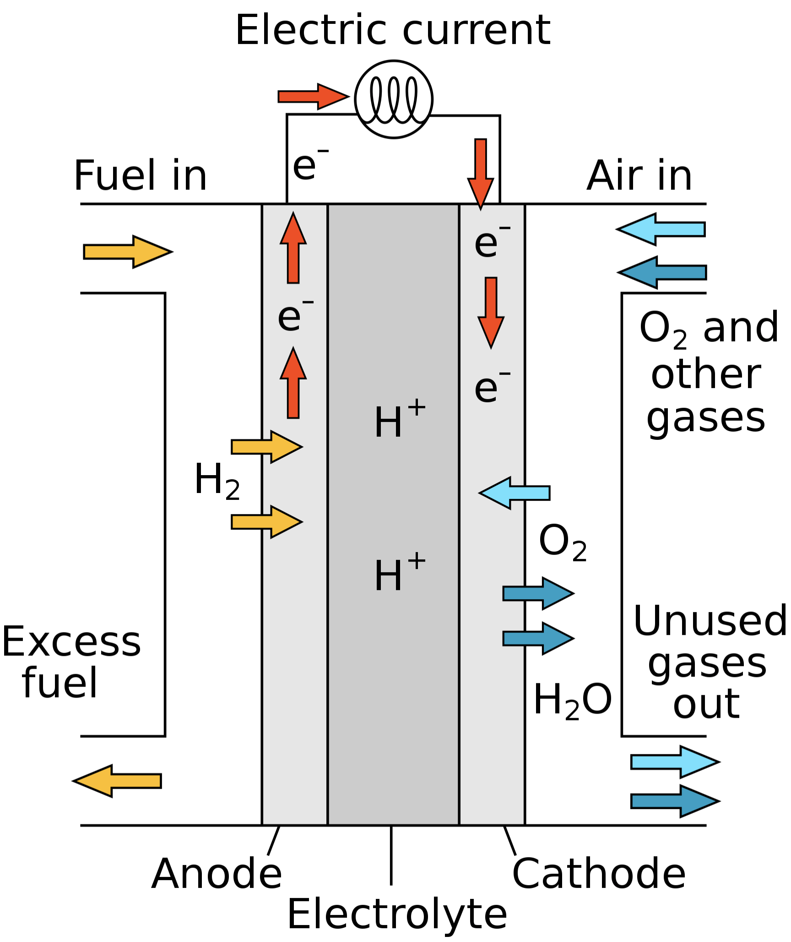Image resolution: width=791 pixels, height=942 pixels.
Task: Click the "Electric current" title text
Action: coord(393,30)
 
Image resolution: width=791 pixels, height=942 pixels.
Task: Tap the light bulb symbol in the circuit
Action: coord(394,99)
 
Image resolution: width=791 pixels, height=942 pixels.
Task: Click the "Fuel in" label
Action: coord(140,176)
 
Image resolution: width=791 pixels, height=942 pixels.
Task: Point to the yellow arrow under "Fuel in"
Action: coord(127,252)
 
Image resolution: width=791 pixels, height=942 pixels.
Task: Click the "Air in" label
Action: coord(639,176)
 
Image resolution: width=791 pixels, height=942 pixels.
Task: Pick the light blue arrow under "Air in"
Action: coord(662,229)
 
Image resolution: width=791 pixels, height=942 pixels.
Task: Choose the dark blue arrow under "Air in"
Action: coord(663,272)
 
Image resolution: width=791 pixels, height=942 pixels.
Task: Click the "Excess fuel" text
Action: coord(71,662)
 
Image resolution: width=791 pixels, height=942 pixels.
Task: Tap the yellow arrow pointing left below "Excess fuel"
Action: coord(118,781)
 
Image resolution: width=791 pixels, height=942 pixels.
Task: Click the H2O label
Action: coord(572,700)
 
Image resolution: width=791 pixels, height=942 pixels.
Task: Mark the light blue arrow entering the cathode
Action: coord(515,493)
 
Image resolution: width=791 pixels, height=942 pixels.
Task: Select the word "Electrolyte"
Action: coord(397,915)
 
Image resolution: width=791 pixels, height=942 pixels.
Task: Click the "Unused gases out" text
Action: coord(709,663)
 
